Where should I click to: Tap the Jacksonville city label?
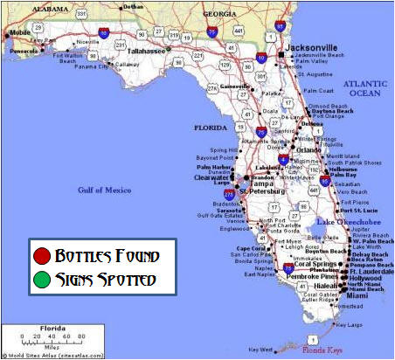coord(313,48)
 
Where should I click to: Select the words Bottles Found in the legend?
coord(107,257)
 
